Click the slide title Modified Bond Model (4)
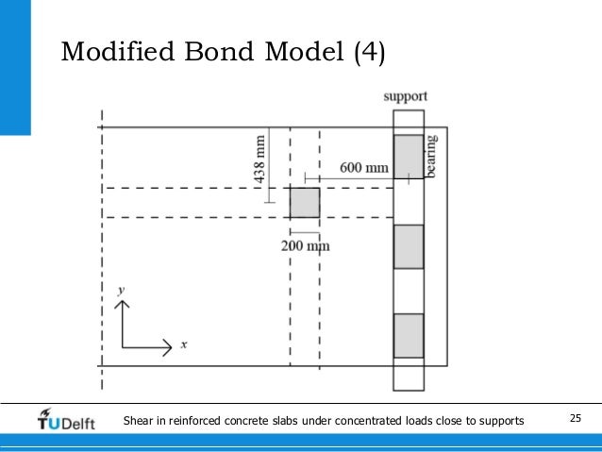pyautogui.click(x=223, y=51)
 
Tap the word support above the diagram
pyautogui.click(x=407, y=96)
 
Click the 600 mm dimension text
pyautogui.click(x=364, y=168)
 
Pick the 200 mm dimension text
pyautogui.click(x=306, y=245)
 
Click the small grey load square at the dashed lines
pyautogui.click(x=304, y=203)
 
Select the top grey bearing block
pyautogui.click(x=409, y=157)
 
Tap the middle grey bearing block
pyautogui.click(x=409, y=247)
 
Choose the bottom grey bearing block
pyautogui.click(x=409, y=335)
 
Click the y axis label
pyautogui.click(x=122, y=293)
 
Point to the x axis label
pyautogui.click(x=183, y=345)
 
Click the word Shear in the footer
pyautogui.click(x=140, y=419)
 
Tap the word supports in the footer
pyautogui.click(x=500, y=419)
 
